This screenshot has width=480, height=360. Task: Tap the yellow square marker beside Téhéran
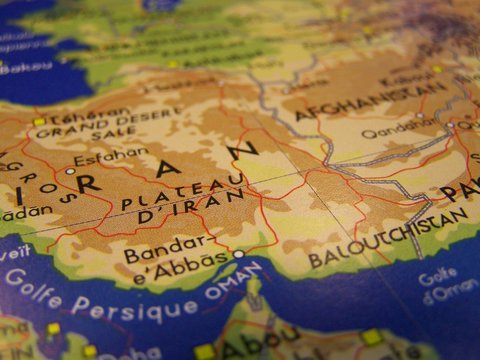[39, 122]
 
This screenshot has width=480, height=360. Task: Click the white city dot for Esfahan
[70, 171]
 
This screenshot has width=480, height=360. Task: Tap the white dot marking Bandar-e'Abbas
[238, 254]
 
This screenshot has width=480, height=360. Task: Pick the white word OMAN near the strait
[236, 289]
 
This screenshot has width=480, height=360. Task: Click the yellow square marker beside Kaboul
[437, 69]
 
